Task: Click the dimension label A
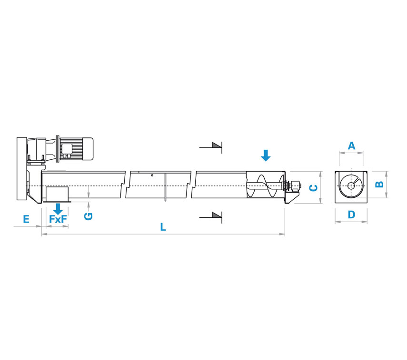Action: tap(351, 146)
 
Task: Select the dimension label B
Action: tap(379, 184)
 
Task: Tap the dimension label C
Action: tap(314, 188)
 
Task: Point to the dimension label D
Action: tap(351, 214)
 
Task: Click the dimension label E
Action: tap(26, 219)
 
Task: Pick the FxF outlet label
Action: tap(58, 219)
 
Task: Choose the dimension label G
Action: tap(89, 216)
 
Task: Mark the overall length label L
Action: tap(163, 227)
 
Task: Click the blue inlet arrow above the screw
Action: tap(266, 156)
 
